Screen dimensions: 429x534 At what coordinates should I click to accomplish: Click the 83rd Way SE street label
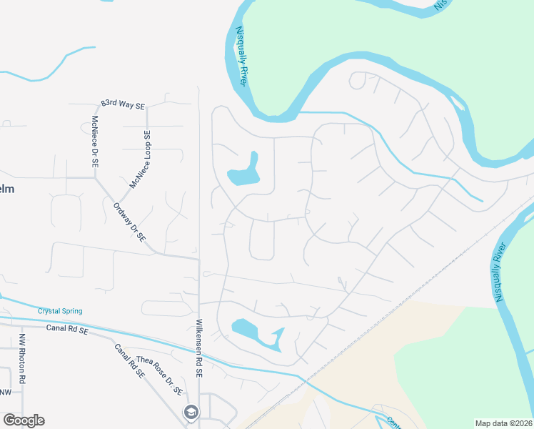[x=123, y=104]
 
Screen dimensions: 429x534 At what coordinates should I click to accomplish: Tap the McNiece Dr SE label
[x=94, y=142]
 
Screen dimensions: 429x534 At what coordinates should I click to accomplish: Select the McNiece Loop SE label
[x=140, y=159]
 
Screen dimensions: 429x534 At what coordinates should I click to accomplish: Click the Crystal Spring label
[x=60, y=311]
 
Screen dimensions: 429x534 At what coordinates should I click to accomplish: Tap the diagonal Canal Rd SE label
[x=129, y=360]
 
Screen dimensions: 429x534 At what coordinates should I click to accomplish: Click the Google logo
[x=24, y=420]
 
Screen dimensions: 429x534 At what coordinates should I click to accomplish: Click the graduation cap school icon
[x=191, y=413]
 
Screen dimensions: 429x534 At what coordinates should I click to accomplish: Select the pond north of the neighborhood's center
[x=244, y=172]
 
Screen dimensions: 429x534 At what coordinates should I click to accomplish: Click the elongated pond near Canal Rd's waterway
[x=257, y=334]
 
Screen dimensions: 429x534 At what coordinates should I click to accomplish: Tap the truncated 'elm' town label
[x=6, y=189]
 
